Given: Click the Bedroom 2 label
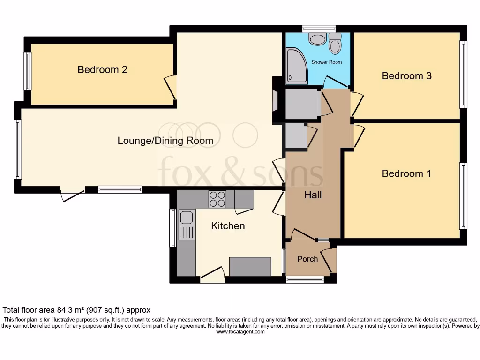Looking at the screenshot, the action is (102, 69).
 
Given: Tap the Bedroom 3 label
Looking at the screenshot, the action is (406, 75).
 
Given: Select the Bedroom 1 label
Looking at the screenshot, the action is (406, 173).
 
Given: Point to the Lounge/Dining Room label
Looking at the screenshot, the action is (165, 141).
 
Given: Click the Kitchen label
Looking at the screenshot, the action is (228, 226).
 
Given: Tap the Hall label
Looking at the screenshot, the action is (313, 195).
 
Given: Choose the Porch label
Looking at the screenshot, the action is (307, 259).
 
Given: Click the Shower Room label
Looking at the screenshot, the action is (327, 62).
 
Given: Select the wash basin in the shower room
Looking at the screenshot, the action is (317, 39).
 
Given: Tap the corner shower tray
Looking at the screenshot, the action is (297, 66).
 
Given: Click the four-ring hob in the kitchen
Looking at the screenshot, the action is (217, 199).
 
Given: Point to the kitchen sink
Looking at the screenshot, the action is (187, 225).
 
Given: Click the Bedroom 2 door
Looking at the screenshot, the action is (171, 87).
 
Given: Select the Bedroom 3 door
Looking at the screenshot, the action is (357, 104).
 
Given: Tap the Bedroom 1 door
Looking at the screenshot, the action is (358, 136).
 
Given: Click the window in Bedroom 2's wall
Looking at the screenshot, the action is (27, 71).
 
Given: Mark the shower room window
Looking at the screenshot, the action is (319, 30).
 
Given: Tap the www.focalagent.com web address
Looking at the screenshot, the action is (240, 331).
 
